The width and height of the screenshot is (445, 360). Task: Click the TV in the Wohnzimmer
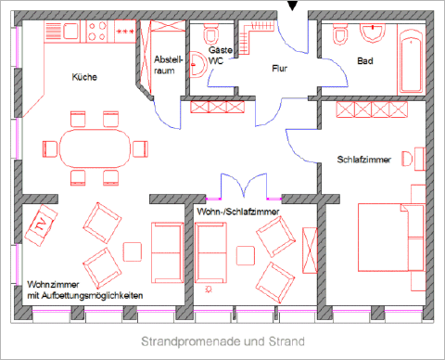tap(41, 225)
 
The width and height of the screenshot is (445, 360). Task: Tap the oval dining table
tap(95, 148)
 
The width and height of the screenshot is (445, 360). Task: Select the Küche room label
tap(84, 77)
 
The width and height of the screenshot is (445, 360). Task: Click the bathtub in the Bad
tap(411, 62)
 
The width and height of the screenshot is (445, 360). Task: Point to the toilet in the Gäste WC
tap(211, 34)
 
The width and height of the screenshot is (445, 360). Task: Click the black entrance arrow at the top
tap(292, 6)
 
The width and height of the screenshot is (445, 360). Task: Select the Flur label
tap(280, 69)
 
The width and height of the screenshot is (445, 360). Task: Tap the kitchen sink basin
tap(71, 32)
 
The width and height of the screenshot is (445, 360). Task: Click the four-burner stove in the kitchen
tap(97, 32)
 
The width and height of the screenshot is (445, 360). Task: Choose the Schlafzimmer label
tap(363, 160)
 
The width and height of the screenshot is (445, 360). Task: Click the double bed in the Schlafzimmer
tap(391, 238)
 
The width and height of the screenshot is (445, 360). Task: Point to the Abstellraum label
tap(169, 65)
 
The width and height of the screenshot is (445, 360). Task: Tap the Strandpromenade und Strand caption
tap(222, 341)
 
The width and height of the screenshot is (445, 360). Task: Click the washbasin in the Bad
tap(373, 33)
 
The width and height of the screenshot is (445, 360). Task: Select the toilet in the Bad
tap(340, 34)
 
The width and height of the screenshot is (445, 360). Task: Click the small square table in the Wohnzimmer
tap(133, 251)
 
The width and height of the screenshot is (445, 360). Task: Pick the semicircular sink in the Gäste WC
tap(197, 65)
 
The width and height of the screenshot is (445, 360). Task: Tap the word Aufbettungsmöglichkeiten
tap(92, 296)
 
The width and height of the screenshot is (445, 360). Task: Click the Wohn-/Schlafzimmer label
tap(238, 212)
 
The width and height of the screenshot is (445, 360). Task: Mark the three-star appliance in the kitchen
tap(125, 32)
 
